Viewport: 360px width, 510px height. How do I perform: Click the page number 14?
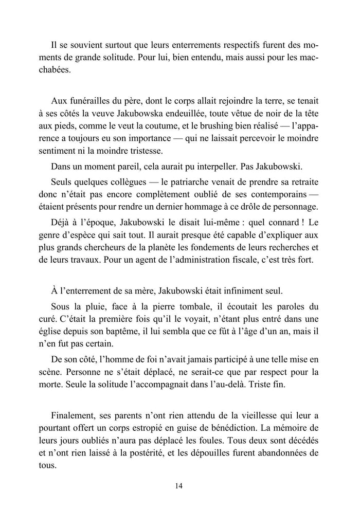(x=179, y=485)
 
